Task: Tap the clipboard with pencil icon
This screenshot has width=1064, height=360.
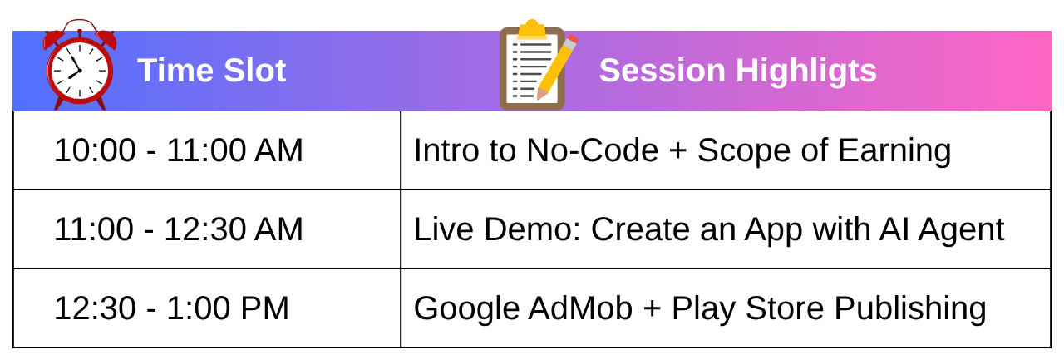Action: coord(539,65)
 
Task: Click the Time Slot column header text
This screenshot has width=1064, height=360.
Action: coord(211,71)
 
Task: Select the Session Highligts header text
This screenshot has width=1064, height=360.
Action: coord(737,72)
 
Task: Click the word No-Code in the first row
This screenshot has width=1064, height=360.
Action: coord(593,150)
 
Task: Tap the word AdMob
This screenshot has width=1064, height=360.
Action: coord(580,308)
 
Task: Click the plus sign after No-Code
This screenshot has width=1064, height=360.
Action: coord(677,151)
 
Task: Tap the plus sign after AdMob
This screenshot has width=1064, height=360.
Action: coord(653,309)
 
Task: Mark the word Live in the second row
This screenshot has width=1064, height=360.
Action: coord(444,229)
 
